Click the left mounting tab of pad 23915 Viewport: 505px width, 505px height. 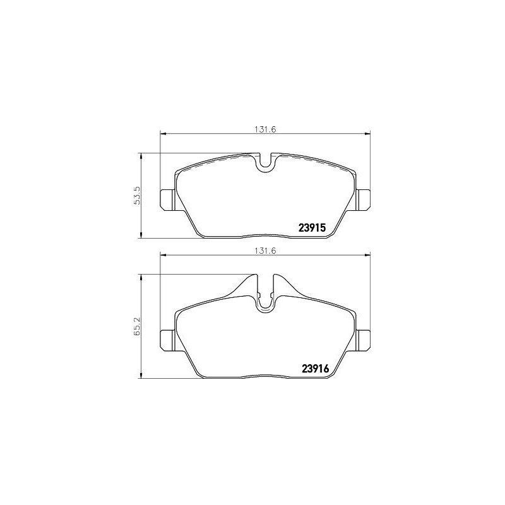click(x=167, y=199)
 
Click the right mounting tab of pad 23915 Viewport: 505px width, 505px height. click(x=363, y=199)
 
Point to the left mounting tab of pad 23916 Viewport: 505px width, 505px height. click(x=167, y=340)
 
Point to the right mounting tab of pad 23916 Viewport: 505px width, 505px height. click(x=363, y=340)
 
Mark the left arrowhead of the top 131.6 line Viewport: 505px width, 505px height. click(x=163, y=133)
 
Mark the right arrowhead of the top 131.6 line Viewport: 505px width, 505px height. click(x=367, y=133)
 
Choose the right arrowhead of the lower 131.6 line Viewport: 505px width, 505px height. click(x=367, y=255)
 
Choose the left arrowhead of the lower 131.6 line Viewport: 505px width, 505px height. click(x=163, y=255)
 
